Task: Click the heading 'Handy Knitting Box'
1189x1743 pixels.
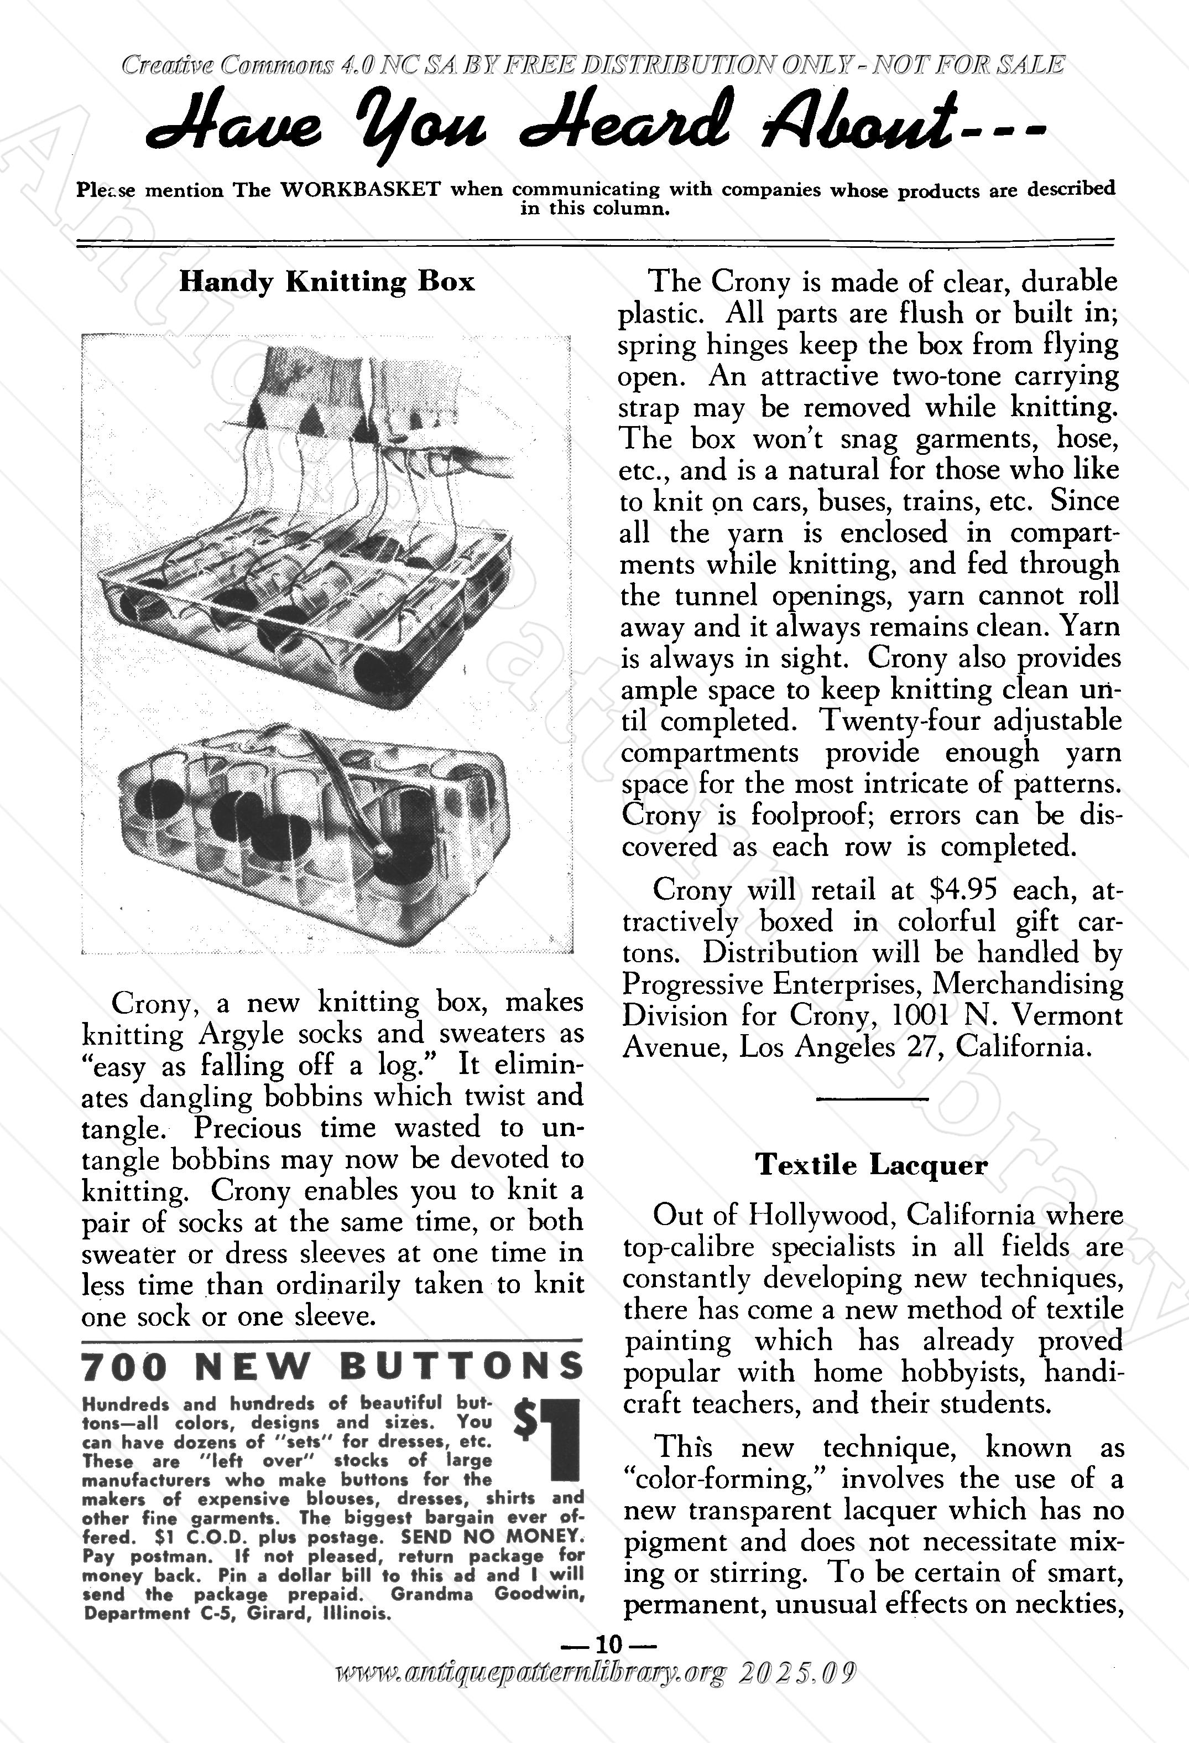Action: (x=327, y=282)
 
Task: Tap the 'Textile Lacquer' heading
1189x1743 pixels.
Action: (x=871, y=1165)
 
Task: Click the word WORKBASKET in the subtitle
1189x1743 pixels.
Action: (x=360, y=189)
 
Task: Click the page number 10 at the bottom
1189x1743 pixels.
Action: (x=609, y=1644)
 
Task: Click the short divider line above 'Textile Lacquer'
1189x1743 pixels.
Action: (x=871, y=1099)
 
